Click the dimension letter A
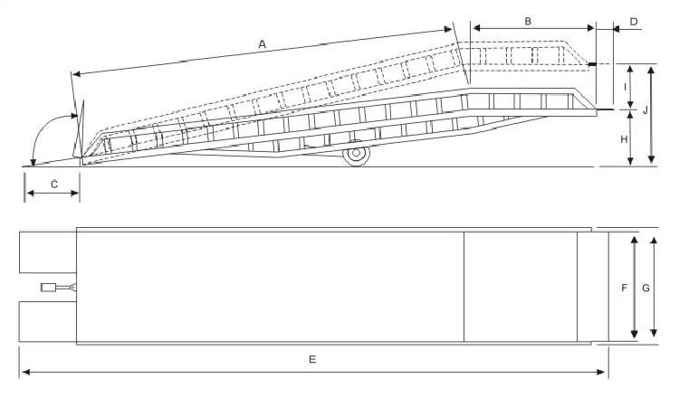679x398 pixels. click(x=263, y=43)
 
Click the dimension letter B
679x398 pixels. click(x=528, y=19)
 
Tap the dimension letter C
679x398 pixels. click(x=53, y=185)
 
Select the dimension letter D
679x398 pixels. click(x=633, y=20)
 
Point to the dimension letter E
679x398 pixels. click(x=312, y=359)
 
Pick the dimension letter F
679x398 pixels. click(x=624, y=289)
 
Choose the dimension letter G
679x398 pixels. click(x=645, y=289)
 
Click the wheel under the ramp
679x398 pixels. click(x=357, y=156)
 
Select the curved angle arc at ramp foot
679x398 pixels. click(x=41, y=136)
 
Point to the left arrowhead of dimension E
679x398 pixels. click(x=24, y=371)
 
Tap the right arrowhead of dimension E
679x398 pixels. click(x=605, y=371)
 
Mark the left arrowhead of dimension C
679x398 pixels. click(x=27, y=193)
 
